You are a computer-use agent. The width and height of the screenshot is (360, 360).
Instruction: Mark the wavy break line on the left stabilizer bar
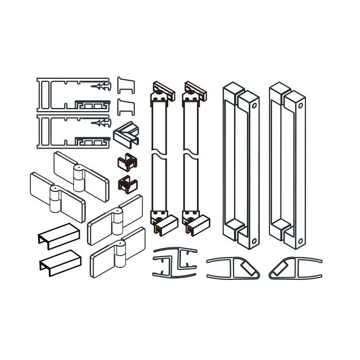point(160,154)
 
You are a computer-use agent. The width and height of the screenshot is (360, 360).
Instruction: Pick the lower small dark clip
point(126,183)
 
